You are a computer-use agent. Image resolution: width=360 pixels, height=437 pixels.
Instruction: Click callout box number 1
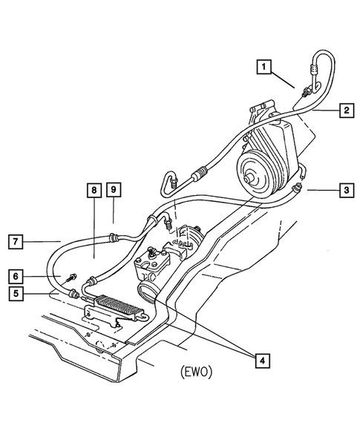pyautogui.click(x=264, y=67)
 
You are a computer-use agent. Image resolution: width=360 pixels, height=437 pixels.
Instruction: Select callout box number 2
pyautogui.click(x=347, y=111)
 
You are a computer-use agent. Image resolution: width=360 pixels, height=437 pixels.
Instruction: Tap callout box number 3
pyautogui.click(x=347, y=191)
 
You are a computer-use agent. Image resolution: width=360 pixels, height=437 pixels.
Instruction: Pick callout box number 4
pyautogui.click(x=262, y=361)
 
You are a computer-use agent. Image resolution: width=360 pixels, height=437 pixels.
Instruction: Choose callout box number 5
pyautogui.click(x=16, y=294)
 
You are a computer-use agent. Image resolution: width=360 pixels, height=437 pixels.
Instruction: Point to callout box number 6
pyautogui.click(x=16, y=276)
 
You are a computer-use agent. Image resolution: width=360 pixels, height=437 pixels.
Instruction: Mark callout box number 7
pyautogui.click(x=16, y=241)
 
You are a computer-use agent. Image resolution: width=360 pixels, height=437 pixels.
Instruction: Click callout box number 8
pyautogui.click(x=94, y=190)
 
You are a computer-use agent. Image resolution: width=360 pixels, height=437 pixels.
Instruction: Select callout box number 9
pyautogui.click(x=114, y=189)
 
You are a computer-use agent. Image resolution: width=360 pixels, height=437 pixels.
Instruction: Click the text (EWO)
pyautogui.click(x=196, y=372)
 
